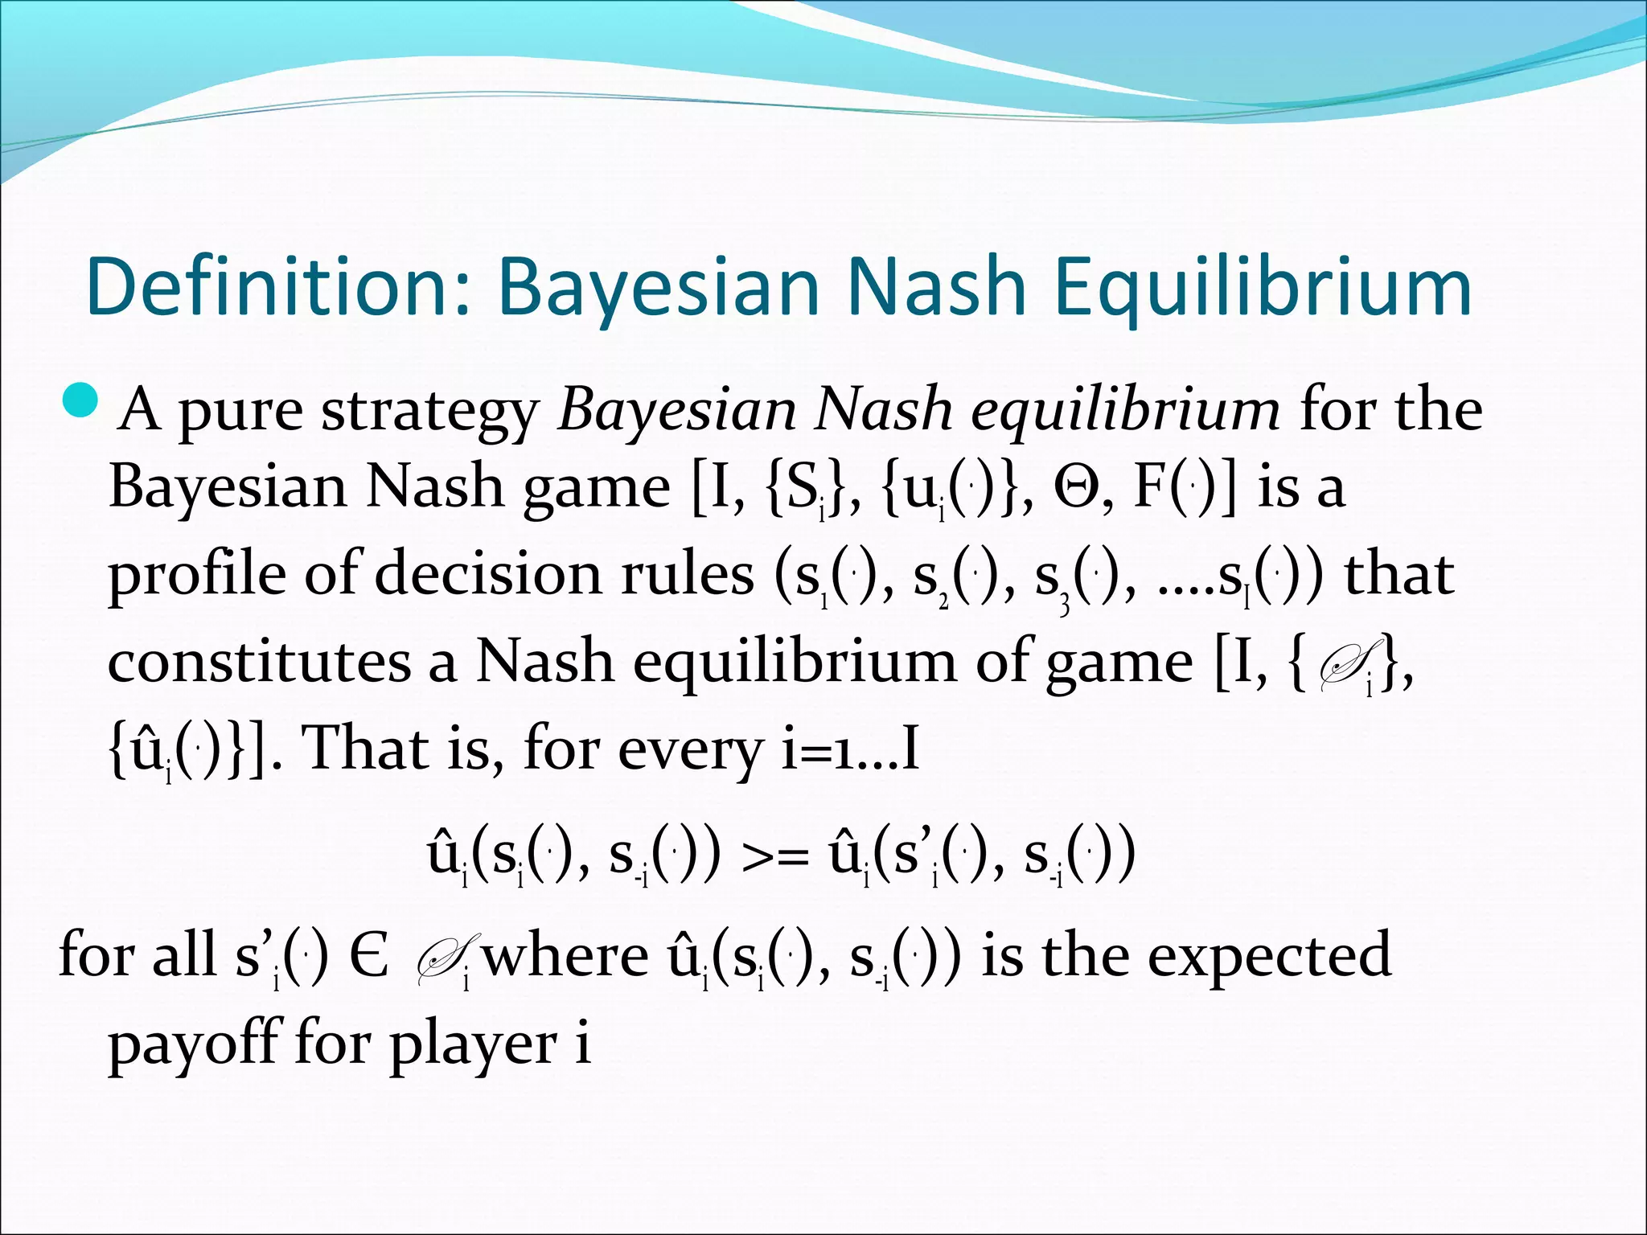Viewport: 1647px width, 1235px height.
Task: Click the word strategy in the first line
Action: coord(430,412)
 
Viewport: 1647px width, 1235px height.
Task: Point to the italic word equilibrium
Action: coord(1125,412)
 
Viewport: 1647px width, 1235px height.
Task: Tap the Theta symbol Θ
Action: coord(1082,488)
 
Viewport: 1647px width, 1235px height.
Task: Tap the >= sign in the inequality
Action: coord(774,857)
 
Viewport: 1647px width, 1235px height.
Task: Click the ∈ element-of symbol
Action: coord(369,957)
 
